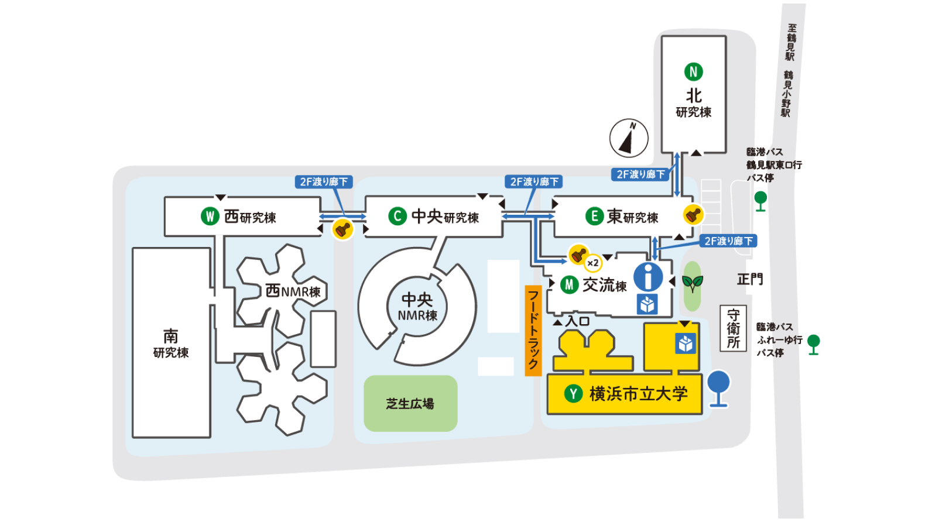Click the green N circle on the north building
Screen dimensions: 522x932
[693, 72]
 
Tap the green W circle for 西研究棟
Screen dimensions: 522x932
[210, 217]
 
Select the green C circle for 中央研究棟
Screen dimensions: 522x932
[398, 217]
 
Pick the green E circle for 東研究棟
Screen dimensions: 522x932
[594, 217]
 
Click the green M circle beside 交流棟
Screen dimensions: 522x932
[569, 285]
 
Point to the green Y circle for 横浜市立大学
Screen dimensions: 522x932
[573, 394]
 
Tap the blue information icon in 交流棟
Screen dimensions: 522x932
[648, 277]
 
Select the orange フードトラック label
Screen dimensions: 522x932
[533, 331]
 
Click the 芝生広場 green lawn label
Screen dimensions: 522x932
[410, 403]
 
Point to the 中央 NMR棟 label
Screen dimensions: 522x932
[417, 307]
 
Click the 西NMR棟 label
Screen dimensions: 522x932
[293, 291]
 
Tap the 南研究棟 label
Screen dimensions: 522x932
[171, 343]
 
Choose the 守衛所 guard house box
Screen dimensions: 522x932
[733, 329]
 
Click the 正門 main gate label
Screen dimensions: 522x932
[749, 279]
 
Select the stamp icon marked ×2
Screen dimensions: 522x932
[580, 255]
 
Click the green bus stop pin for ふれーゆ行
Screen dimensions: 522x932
[813, 344]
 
